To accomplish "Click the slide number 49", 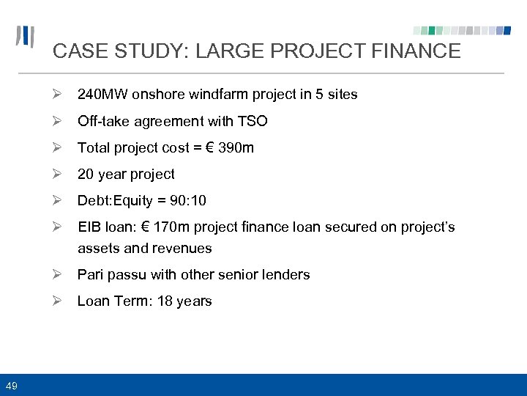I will coord(12,385).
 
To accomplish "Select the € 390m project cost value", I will coord(226,147).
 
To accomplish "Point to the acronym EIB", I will coord(89,227).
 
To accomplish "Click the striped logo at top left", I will coord(26,37).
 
